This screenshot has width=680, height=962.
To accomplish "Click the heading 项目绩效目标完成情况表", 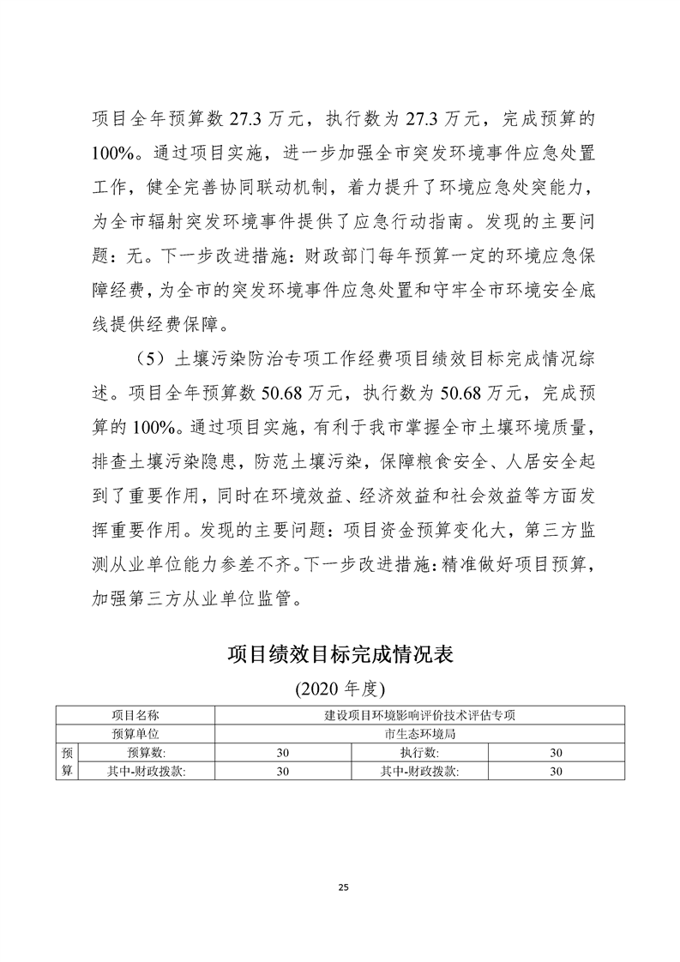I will pos(340,655).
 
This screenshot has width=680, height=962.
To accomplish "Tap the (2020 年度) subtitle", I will pos(340,688).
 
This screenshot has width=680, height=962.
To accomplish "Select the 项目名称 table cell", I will pos(135,714).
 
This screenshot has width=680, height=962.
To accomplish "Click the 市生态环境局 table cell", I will pos(419,733).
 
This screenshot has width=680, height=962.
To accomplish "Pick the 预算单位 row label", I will pos(135,733).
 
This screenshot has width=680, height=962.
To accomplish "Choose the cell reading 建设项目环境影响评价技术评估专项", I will pos(419,714).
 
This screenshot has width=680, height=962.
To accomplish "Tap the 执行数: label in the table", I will pos(419,752).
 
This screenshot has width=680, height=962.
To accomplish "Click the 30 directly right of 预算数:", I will pos(283,752).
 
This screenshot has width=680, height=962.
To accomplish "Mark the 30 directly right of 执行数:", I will pos(556,752).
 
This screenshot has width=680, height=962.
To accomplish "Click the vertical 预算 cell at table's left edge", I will pos(67,761).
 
